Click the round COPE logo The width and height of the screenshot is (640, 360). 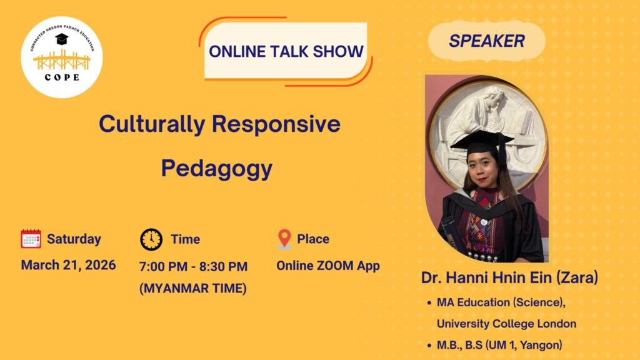(61, 57)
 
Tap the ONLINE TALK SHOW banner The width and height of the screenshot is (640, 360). (286, 51)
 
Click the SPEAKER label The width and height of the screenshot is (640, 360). (486, 41)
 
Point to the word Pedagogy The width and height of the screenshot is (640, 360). (216, 168)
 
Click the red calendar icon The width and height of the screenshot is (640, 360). (31, 239)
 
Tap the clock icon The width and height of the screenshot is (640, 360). (151, 239)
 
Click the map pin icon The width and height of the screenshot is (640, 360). (284, 239)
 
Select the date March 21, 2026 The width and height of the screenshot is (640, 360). (68, 265)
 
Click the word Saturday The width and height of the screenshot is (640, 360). (74, 239)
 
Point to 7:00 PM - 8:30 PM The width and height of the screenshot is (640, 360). (193, 266)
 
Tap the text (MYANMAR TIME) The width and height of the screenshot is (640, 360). (193, 288)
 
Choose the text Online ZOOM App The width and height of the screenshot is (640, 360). (328, 266)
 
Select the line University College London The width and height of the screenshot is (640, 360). (506, 324)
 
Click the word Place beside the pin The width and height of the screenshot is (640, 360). (313, 239)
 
